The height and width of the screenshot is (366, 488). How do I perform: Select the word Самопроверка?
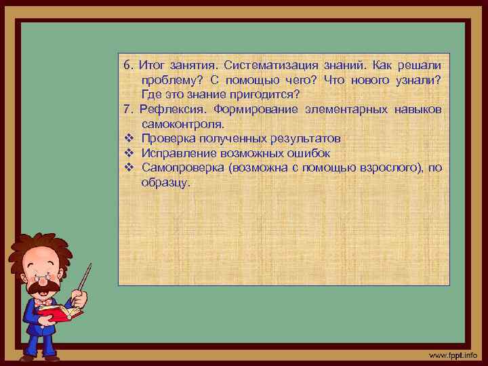pos(182,167)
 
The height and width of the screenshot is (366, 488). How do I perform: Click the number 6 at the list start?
pos(127,66)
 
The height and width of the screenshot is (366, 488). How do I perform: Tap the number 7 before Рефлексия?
pos(127,109)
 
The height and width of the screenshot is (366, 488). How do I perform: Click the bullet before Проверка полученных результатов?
pos(128,138)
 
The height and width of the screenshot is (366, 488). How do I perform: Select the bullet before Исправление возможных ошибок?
pos(128,152)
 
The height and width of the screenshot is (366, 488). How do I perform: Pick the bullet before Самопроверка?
pos(128,167)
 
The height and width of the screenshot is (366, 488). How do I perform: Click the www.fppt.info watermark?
pos(453,355)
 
